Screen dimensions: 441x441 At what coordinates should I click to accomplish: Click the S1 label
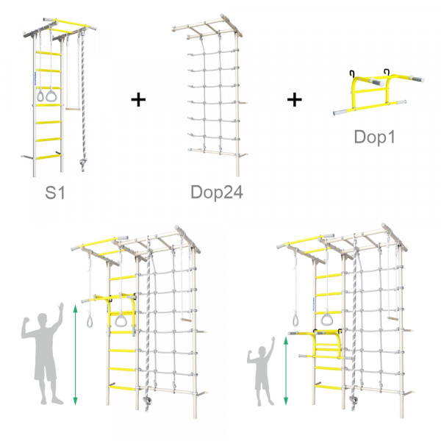pyautogui.click(x=55, y=193)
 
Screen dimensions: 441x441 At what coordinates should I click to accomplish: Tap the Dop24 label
pyautogui.click(x=217, y=193)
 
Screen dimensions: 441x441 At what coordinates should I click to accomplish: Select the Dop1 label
pyautogui.click(x=375, y=137)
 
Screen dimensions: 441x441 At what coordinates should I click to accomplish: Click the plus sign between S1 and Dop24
pyautogui.click(x=138, y=99)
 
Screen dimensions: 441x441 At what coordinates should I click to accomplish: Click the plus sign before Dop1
pyautogui.click(x=295, y=99)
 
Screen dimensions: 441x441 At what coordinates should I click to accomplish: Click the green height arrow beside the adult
pyautogui.click(x=75, y=355)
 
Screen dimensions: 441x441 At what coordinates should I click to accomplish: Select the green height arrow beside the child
pyautogui.click(x=286, y=371)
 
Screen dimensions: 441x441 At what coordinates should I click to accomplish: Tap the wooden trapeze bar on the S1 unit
pyautogui.click(x=73, y=109)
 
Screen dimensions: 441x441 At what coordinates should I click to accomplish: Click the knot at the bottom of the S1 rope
pyautogui.click(x=83, y=162)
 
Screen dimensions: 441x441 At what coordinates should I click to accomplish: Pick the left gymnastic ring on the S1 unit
pyautogui.click(x=40, y=96)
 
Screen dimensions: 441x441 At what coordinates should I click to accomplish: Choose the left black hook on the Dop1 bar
pyautogui.click(x=352, y=73)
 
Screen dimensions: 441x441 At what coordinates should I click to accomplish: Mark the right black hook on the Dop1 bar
pyautogui.click(x=387, y=72)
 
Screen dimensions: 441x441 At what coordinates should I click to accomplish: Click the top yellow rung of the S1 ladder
pyautogui.click(x=48, y=53)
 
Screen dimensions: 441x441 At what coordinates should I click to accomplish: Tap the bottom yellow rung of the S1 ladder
pyautogui.click(x=48, y=157)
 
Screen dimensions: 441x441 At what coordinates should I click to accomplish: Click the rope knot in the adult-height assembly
pyautogui.click(x=148, y=400)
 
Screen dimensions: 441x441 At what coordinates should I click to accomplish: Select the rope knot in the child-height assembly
pyautogui.click(x=354, y=399)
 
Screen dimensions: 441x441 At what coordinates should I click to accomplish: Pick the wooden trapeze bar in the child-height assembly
pyautogui.click(x=393, y=319)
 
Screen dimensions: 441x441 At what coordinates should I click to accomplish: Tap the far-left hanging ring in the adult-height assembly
pyautogui.click(x=90, y=321)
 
